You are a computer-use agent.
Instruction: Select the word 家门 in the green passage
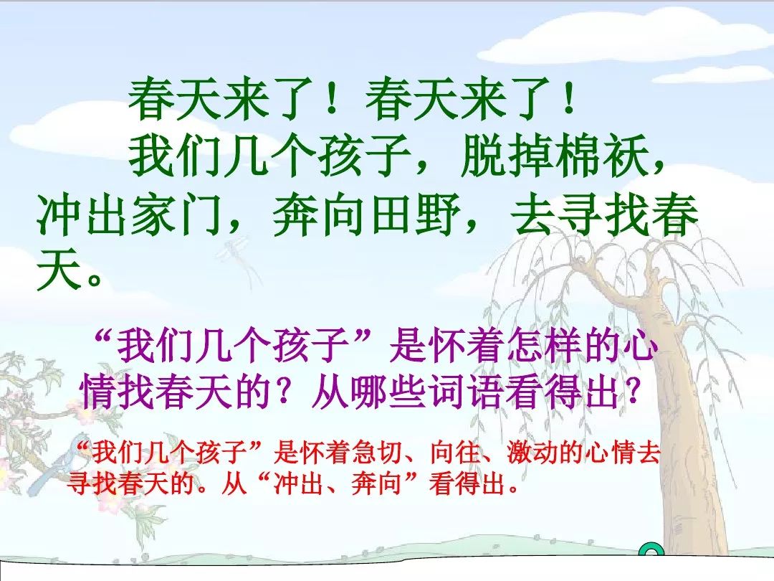[x=176, y=215]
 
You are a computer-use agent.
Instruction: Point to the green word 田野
[x=414, y=215]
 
